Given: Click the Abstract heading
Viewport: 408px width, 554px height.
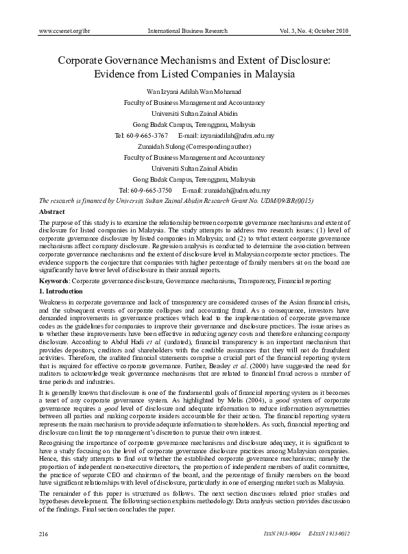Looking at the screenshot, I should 53,213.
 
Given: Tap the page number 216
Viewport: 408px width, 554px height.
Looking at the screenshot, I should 46,533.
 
